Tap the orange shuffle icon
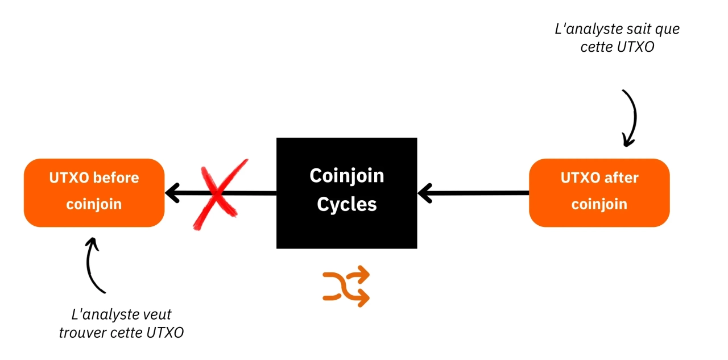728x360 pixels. coord(346,287)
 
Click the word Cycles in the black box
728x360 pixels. coord(347,204)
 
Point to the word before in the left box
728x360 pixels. coord(116,178)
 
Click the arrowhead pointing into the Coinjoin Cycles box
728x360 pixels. coord(424,193)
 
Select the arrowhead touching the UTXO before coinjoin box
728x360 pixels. coord(172,193)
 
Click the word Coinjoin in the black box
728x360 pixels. coord(346,176)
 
